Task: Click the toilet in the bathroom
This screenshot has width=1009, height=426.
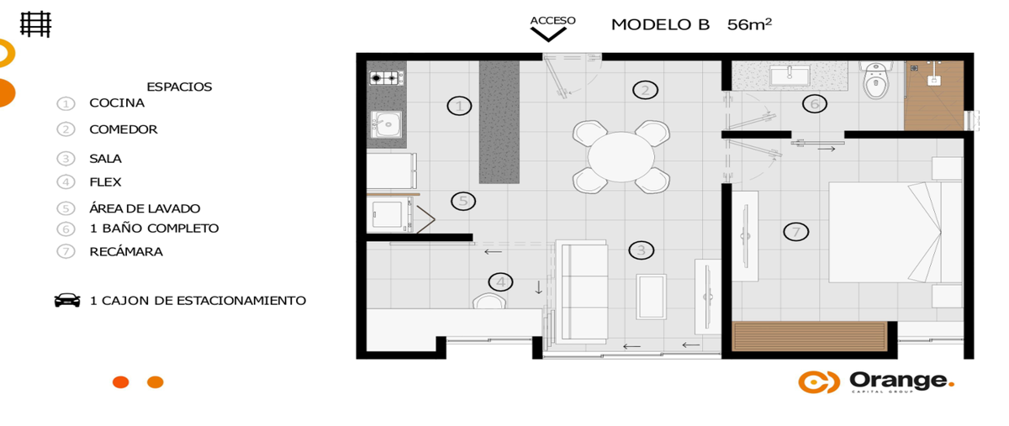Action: pos(875,80)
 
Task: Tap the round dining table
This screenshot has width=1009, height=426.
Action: pos(621,157)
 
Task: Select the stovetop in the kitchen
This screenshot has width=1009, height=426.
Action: pos(386,78)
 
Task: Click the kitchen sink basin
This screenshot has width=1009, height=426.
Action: pos(387,124)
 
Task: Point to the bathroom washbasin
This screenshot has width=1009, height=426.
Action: pos(790,76)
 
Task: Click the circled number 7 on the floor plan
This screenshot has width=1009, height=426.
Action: pos(796,232)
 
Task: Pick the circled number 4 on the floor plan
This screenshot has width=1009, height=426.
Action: pos(500,282)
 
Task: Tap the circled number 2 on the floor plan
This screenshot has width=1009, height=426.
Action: pos(645,90)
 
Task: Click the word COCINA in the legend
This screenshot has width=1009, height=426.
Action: pos(117,103)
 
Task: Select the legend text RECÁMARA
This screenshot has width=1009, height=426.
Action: pos(126,252)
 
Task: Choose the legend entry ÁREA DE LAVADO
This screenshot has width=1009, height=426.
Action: pos(145,208)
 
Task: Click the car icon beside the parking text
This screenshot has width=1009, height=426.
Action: pos(67,300)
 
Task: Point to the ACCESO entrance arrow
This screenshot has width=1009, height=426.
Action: pos(548,34)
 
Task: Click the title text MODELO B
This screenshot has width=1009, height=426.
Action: pos(660,24)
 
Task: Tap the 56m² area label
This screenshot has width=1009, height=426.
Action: pos(749,24)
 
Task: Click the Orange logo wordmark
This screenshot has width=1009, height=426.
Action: pos(901,381)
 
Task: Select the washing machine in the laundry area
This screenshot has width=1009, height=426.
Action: pos(389,215)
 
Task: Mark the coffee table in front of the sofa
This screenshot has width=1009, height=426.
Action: pos(651,297)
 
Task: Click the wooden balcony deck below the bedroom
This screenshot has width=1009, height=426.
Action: pos(810,336)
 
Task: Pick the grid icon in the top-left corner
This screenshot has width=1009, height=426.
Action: pos(35,24)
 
